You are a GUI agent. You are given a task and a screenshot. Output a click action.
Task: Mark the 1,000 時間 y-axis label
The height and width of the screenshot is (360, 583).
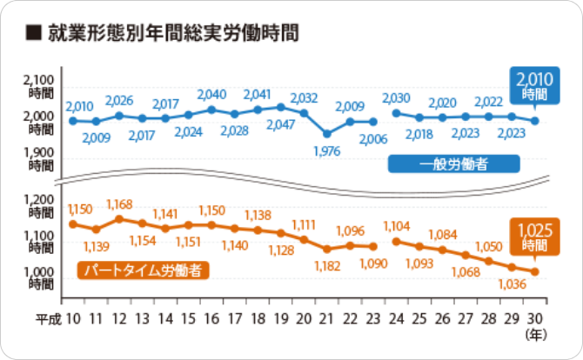coord(40,277)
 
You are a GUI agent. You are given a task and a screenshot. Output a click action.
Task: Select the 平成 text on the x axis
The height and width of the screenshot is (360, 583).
coord(50,319)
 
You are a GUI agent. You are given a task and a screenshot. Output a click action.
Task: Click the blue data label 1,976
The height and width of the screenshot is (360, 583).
coord(326,152)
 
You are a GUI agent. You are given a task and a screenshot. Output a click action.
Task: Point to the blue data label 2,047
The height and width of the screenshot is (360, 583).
coord(280,124)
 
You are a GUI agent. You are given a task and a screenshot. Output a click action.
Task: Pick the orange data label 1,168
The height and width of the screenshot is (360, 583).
coord(118,203)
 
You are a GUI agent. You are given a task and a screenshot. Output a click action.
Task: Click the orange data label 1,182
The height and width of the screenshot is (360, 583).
coord(326,263)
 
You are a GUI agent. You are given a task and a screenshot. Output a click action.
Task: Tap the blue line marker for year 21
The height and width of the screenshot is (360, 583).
coord(326,134)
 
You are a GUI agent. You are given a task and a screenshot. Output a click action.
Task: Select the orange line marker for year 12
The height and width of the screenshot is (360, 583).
coord(119,218)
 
